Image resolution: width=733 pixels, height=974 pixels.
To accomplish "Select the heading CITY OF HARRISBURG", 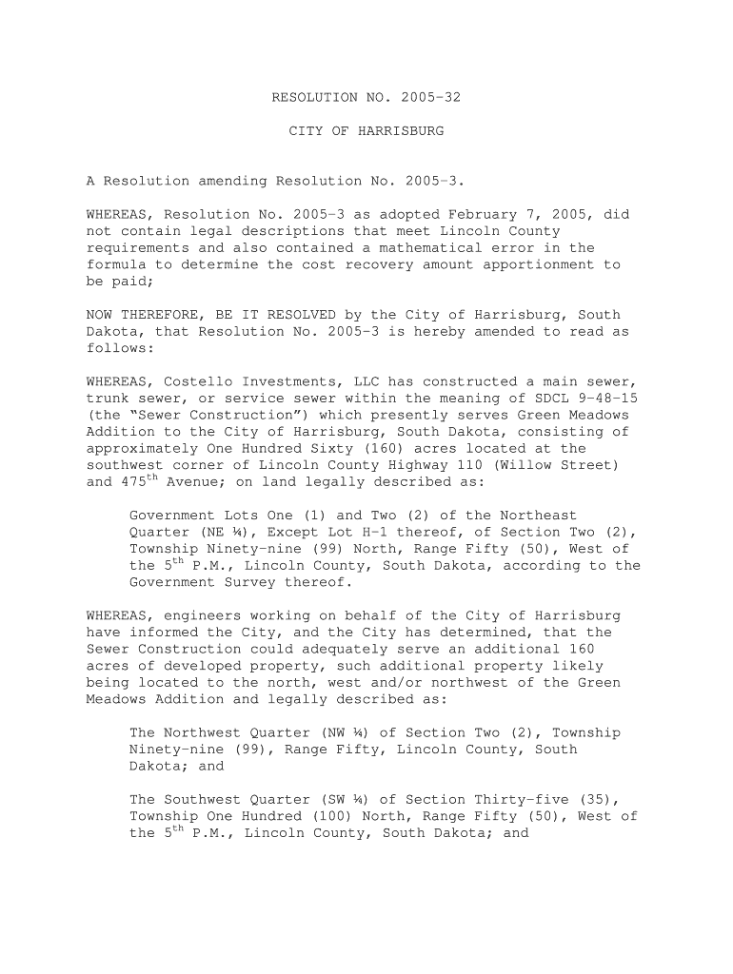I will [x=366, y=130].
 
